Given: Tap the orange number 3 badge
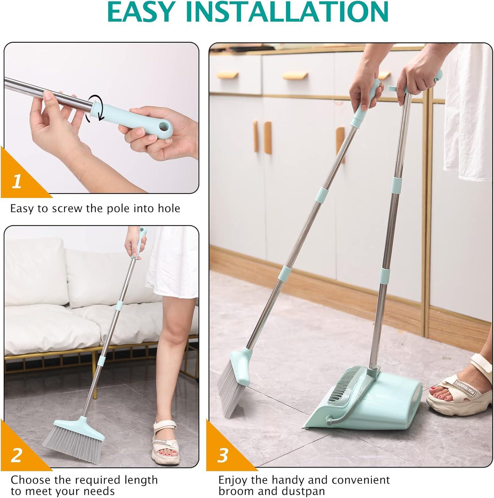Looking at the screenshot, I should coord(223,456).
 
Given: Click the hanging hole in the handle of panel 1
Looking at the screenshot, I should coord(164,126).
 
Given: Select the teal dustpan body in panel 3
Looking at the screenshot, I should coord(372,415).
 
